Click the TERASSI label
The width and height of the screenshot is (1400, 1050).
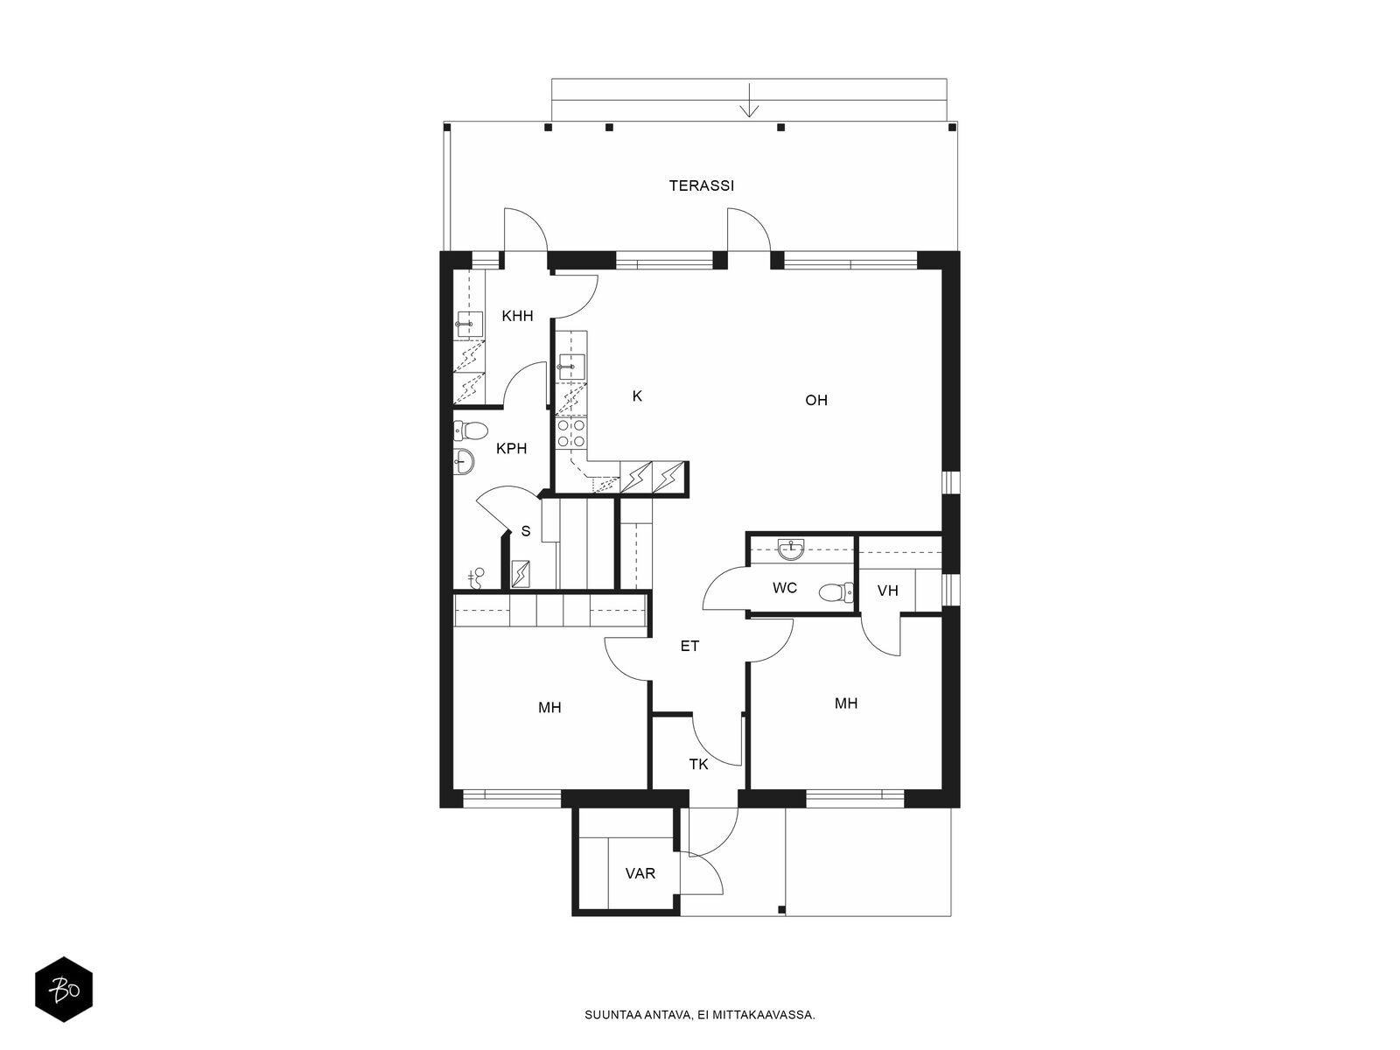pyautogui.click(x=701, y=185)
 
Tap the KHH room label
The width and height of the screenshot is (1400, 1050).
pyautogui.click(x=517, y=316)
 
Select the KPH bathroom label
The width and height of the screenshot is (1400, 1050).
pyautogui.click(x=512, y=448)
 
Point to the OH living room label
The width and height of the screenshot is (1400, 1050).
pyautogui.click(x=815, y=400)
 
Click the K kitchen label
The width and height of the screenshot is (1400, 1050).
pyautogui.click(x=636, y=395)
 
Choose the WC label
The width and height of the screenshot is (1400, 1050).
pyautogui.click(x=785, y=588)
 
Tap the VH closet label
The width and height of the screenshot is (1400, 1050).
pyautogui.click(x=887, y=591)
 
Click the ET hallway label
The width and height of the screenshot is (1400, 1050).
pyautogui.click(x=689, y=646)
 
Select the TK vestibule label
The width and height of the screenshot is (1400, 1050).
pyautogui.click(x=698, y=764)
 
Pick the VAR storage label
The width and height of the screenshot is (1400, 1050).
pyautogui.click(x=640, y=872)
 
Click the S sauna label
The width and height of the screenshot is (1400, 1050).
pyautogui.click(x=526, y=531)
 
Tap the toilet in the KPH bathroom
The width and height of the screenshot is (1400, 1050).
pyautogui.click(x=470, y=431)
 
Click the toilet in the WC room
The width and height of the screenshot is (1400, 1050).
pyautogui.click(x=836, y=592)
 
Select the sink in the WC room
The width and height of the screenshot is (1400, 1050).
pyautogui.click(x=791, y=549)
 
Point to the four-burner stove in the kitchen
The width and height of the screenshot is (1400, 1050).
pyautogui.click(x=571, y=433)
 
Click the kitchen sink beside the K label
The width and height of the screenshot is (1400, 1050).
pyautogui.click(x=571, y=367)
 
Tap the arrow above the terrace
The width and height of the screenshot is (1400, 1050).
pyautogui.click(x=749, y=109)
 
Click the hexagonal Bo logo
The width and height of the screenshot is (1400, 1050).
pyautogui.click(x=64, y=990)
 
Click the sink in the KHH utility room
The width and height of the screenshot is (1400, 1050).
pyautogui.click(x=469, y=325)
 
